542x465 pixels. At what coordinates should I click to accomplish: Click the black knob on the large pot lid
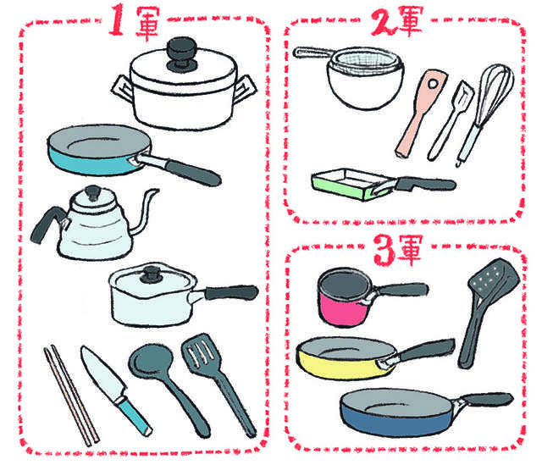182,54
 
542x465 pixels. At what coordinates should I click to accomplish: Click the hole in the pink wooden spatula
433,83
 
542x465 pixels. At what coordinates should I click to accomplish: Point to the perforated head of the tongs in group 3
493,277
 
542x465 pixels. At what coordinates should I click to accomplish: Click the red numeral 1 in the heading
117,19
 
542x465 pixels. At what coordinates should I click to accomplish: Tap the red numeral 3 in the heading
384,250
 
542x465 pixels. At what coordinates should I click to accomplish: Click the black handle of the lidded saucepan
231,293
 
